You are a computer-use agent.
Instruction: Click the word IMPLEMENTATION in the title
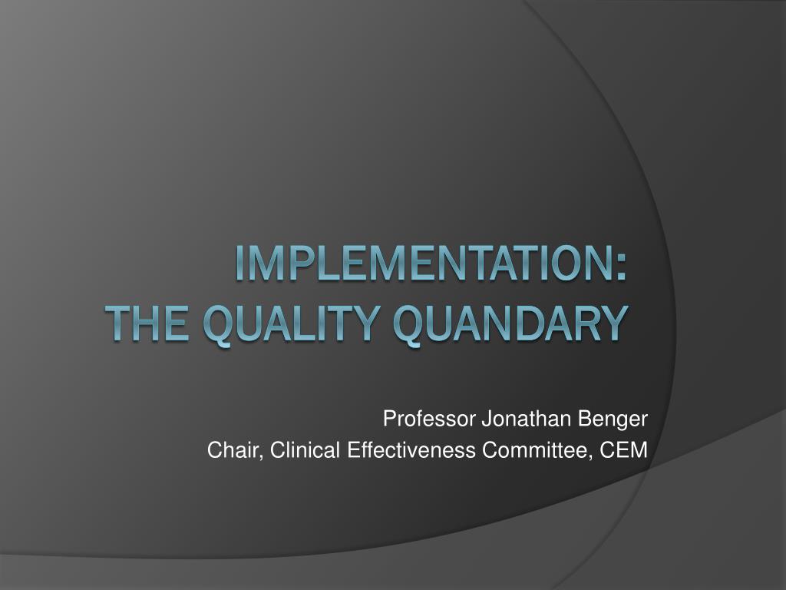424,263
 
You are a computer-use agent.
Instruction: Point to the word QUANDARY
510,325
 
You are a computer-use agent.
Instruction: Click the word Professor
428,419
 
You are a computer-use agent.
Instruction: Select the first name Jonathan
527,419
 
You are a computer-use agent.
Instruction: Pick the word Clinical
305,450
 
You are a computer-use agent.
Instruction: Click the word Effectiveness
411,450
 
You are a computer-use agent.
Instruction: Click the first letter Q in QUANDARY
408,325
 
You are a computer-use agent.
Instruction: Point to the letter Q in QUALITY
219,325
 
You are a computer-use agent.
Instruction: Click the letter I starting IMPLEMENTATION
240,263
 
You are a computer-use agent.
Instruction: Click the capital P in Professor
389,419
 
